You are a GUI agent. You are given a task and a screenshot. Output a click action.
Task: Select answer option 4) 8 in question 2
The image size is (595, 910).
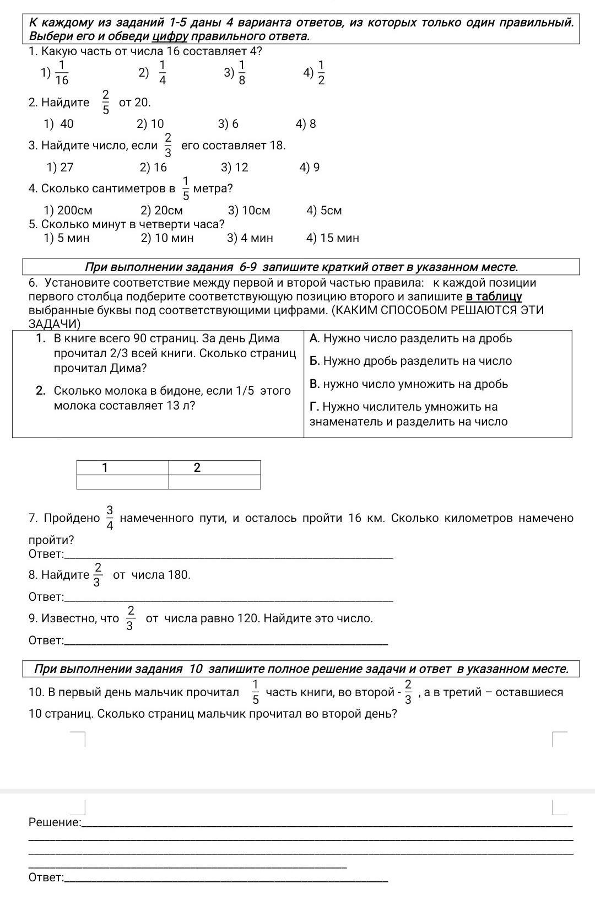click(x=306, y=124)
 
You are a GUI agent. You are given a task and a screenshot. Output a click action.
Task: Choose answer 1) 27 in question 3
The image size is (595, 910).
click(x=60, y=168)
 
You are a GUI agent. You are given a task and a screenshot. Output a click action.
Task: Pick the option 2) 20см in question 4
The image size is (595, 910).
click(x=161, y=211)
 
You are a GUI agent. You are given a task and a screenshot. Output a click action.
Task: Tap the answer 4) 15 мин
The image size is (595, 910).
click(x=332, y=238)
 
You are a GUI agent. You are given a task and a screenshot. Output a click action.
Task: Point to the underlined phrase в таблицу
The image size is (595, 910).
click(x=494, y=297)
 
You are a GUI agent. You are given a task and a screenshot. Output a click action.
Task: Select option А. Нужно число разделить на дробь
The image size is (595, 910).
click(x=410, y=338)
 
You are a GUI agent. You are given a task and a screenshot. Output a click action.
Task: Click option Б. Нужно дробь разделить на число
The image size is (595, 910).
click(x=410, y=361)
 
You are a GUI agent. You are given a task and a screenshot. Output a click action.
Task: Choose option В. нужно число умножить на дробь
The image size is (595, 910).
click(x=408, y=384)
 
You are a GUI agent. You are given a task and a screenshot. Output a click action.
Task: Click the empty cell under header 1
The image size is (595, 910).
click(x=122, y=482)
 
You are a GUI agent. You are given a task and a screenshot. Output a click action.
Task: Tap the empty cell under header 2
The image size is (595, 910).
click(x=214, y=482)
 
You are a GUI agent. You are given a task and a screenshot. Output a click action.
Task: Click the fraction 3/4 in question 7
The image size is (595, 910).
click(x=110, y=518)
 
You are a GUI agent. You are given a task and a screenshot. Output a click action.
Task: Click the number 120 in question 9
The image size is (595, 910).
click(x=247, y=618)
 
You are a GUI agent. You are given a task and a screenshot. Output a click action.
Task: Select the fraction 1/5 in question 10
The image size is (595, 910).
click(x=256, y=692)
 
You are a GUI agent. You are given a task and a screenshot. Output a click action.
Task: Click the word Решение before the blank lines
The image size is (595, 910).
click(x=54, y=822)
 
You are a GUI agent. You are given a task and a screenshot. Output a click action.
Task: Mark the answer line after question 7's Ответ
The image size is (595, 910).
click(x=229, y=554)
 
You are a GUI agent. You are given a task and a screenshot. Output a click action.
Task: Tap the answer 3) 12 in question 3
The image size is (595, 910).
click(x=234, y=168)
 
